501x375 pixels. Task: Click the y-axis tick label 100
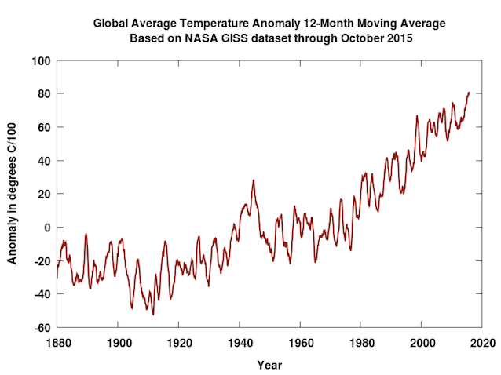(x=41, y=60)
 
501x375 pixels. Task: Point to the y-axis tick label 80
(x=44, y=94)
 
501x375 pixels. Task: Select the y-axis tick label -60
(x=42, y=328)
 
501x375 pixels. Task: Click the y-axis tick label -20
(x=42, y=261)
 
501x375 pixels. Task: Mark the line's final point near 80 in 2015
(x=469, y=93)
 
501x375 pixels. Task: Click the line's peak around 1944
(x=253, y=180)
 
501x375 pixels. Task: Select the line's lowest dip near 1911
(x=153, y=314)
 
